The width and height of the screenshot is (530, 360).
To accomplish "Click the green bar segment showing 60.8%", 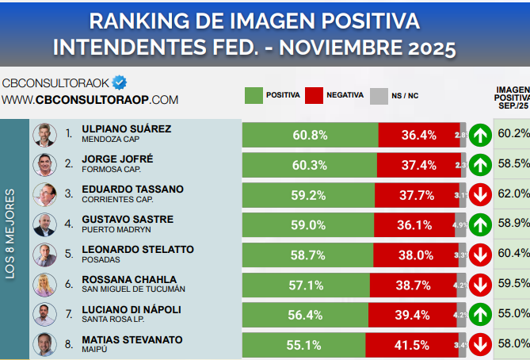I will [310, 135].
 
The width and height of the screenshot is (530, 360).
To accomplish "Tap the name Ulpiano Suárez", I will [126, 128].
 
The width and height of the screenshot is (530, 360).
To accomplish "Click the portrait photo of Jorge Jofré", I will [44, 164].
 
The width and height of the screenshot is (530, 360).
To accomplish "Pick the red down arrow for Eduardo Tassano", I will [479, 194].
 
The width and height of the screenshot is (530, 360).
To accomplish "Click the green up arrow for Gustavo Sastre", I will [479, 224].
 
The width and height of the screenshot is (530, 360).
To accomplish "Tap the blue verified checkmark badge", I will [120, 82].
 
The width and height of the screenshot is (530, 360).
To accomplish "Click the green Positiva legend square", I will [254, 95].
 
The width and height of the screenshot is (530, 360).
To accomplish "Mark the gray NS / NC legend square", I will [379, 95].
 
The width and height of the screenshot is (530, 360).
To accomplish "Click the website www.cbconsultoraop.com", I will [90, 100].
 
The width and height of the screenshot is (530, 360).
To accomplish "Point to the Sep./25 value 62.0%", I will [513, 193].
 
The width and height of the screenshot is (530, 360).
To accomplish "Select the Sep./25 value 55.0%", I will [513, 313].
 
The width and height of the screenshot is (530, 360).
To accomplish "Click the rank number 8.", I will [69, 344].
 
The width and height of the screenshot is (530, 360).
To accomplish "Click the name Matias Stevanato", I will [132, 339].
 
